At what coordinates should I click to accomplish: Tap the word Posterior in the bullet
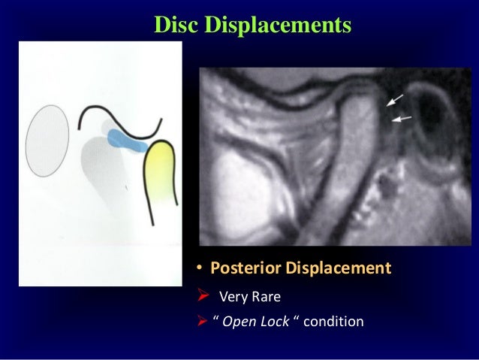(x=243, y=269)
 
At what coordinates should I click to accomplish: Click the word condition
(x=332, y=322)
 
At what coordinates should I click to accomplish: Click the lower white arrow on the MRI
(x=399, y=118)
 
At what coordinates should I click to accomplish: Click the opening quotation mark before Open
(x=216, y=321)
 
